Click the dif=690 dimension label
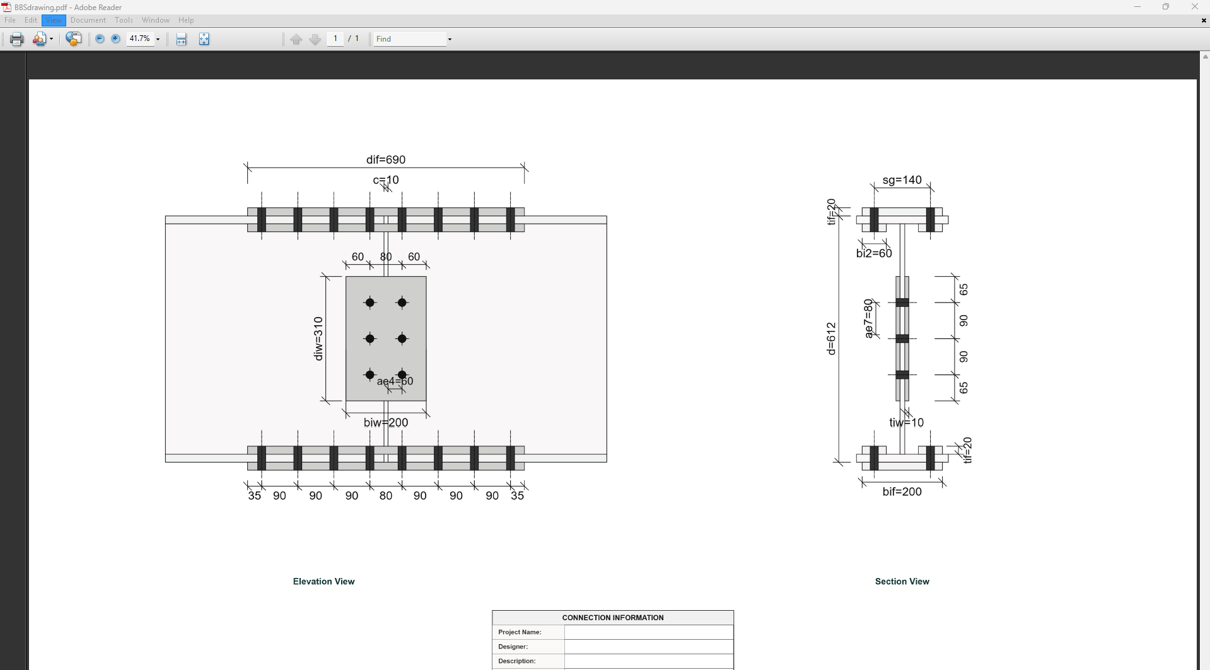click(x=385, y=159)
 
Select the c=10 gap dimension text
click(x=385, y=180)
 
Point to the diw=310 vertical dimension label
click(x=318, y=338)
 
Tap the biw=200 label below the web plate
click(x=385, y=422)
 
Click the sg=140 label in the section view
click(x=902, y=180)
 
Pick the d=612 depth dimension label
click(x=831, y=338)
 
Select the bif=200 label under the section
click(x=902, y=492)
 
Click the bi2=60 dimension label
click(x=874, y=253)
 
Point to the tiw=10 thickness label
click(x=906, y=422)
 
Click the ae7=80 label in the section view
click(x=868, y=319)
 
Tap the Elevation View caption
click(x=323, y=581)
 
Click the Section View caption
click(x=902, y=581)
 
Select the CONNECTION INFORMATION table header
click(x=612, y=618)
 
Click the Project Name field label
click(x=520, y=632)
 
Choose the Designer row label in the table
click(x=513, y=647)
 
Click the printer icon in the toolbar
click(x=17, y=39)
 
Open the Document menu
click(x=88, y=20)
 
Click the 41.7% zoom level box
click(x=140, y=39)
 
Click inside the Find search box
click(x=409, y=39)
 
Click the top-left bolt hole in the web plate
click(x=370, y=303)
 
